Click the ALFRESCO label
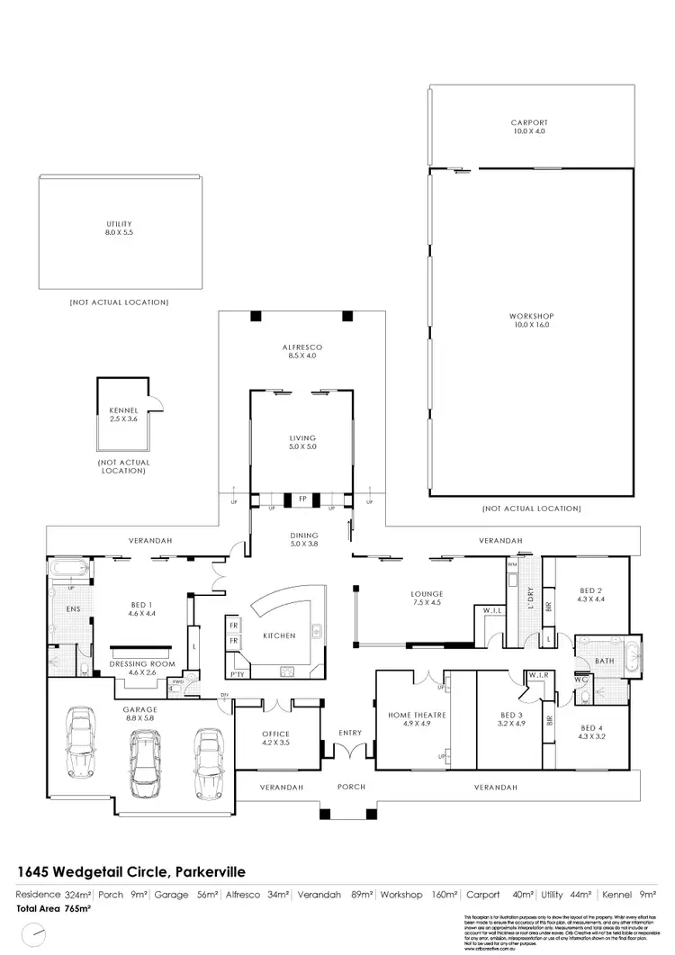[302, 347]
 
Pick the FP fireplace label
[302, 497]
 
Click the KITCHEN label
[279, 635]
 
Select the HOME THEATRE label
[411, 716]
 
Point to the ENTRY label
[350, 733]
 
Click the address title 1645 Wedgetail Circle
[131, 871]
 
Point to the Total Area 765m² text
[54, 908]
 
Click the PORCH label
[350, 787]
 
